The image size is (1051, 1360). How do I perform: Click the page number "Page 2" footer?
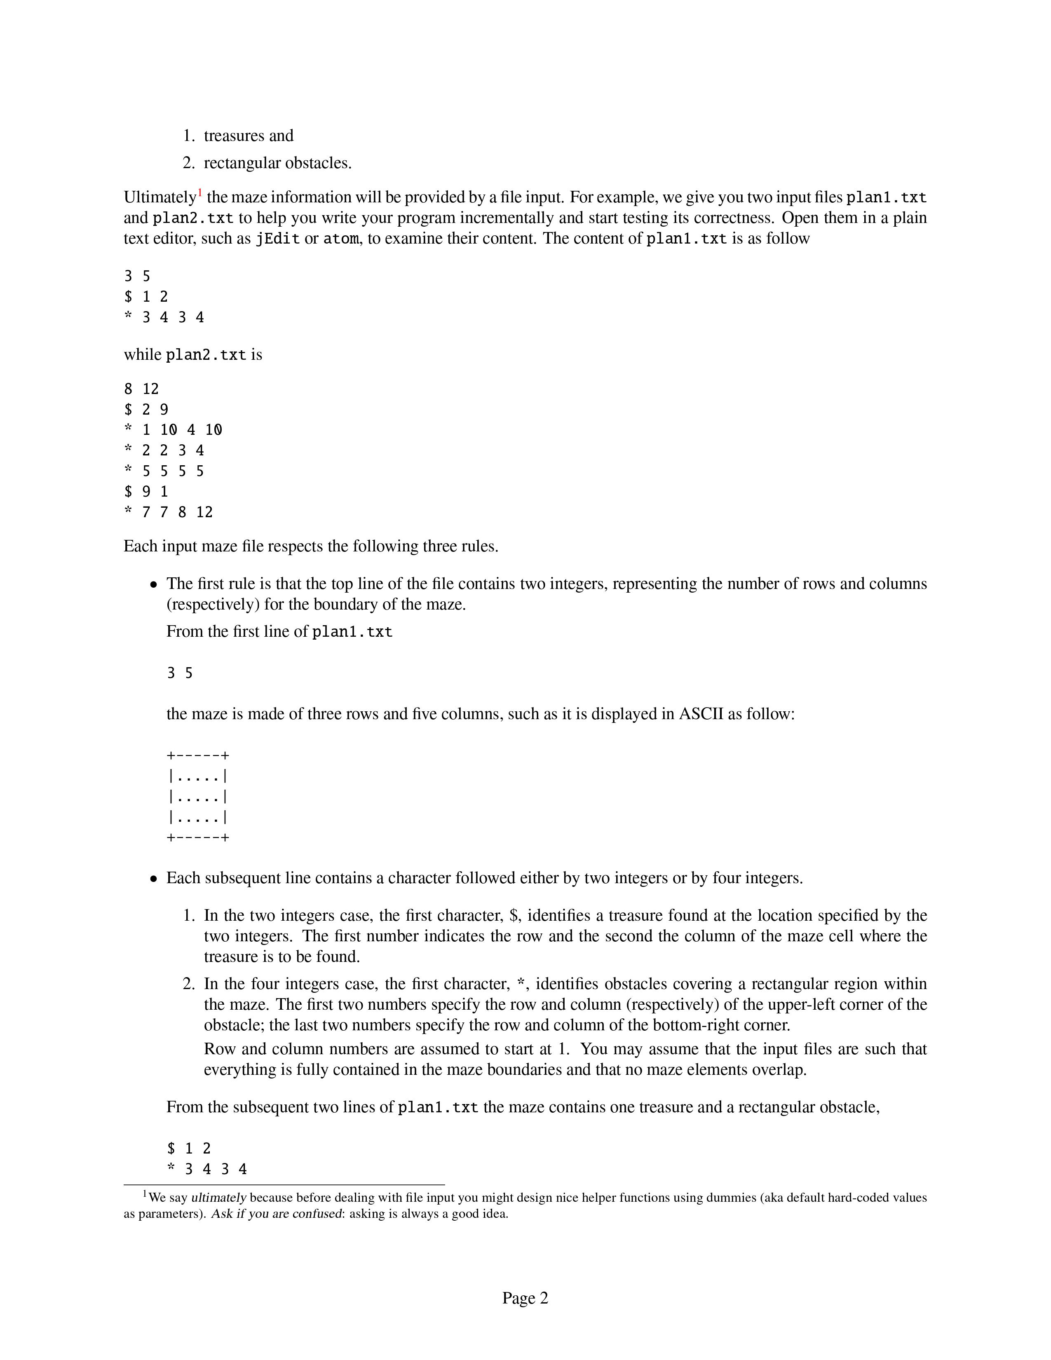(525, 1298)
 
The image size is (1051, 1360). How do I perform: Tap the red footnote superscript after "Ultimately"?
(200, 193)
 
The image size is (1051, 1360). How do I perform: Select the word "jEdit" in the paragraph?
(278, 239)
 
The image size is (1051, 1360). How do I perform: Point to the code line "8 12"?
(141, 389)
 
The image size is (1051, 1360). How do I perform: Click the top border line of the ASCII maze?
(198, 756)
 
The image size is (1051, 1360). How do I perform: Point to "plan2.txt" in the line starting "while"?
(206, 355)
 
